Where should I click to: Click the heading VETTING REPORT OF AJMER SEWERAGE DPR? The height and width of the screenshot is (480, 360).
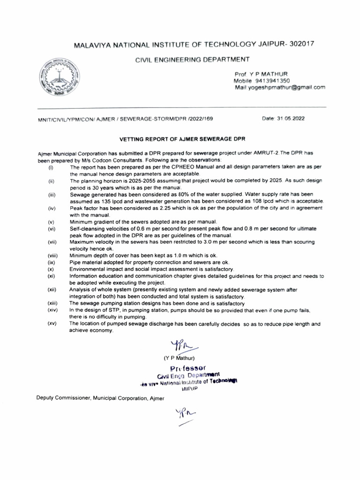click(x=182, y=139)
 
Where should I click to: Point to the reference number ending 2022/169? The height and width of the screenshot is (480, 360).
click(x=202, y=119)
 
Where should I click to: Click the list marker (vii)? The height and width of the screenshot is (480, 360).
click(x=52, y=242)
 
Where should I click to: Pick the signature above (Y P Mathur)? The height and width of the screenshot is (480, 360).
click(x=180, y=347)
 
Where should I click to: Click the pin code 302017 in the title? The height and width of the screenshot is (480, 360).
click(x=295, y=44)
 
